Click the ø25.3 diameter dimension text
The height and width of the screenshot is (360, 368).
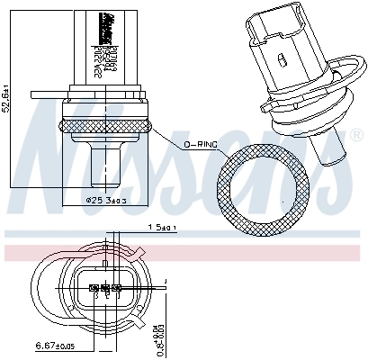105,201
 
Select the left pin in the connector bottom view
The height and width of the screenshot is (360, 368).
94,290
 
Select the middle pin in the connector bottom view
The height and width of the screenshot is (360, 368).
106,290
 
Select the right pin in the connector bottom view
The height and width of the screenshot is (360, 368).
118,290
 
